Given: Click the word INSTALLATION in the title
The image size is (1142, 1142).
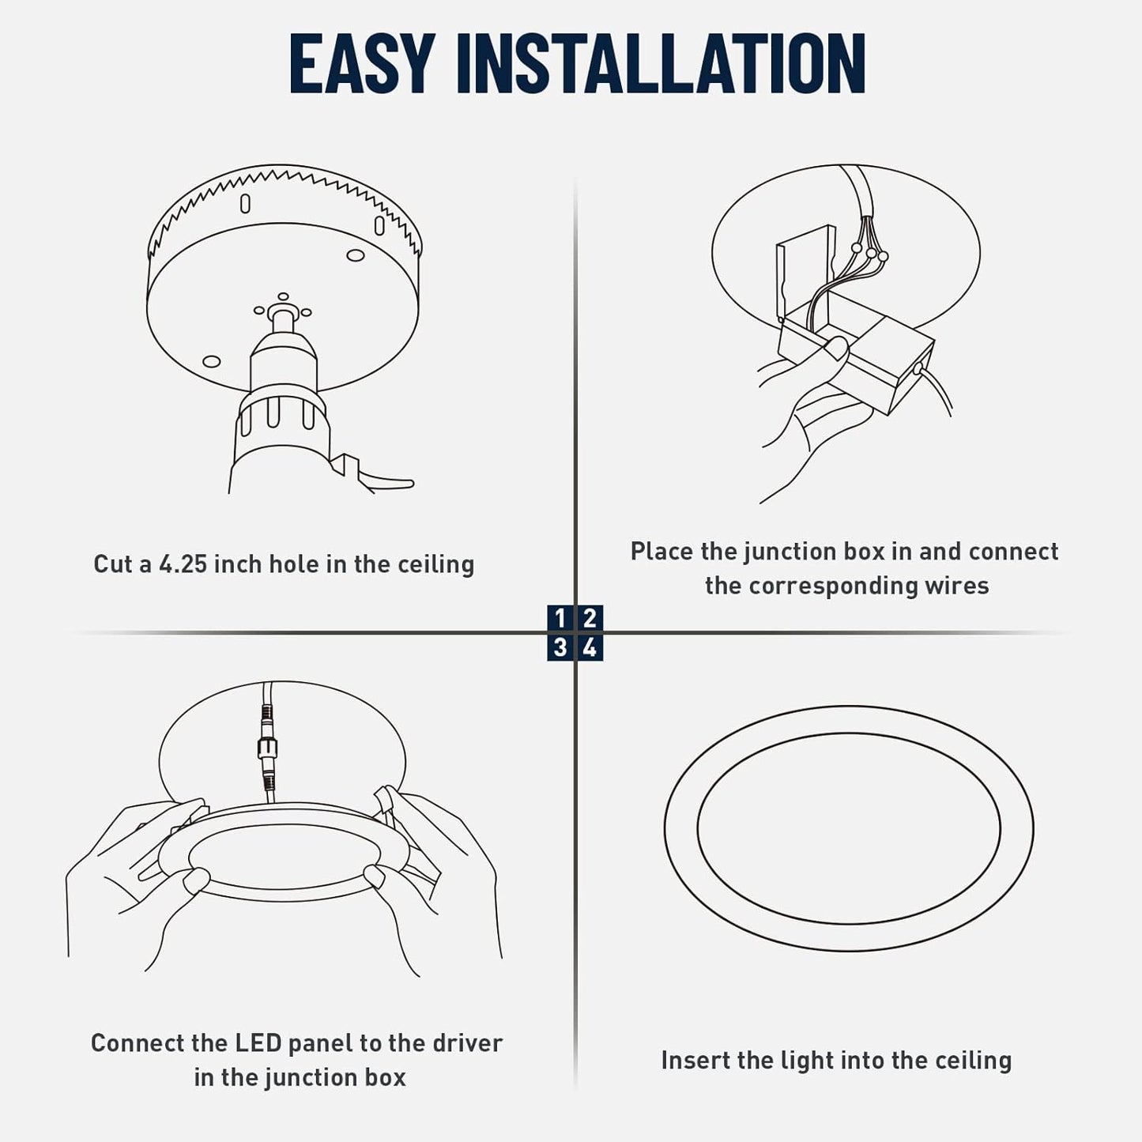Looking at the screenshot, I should click(661, 64).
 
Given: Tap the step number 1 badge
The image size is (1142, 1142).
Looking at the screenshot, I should click(560, 617).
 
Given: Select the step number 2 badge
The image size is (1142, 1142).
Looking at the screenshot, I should click(590, 617).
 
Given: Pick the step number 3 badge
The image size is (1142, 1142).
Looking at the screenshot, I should click(560, 647).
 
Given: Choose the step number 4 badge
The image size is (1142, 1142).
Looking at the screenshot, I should click(590, 647).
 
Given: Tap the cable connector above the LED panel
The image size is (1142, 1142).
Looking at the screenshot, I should click(266, 747).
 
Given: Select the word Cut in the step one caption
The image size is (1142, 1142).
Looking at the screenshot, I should click(112, 564).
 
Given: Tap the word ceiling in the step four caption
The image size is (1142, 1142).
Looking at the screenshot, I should click(973, 1061).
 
